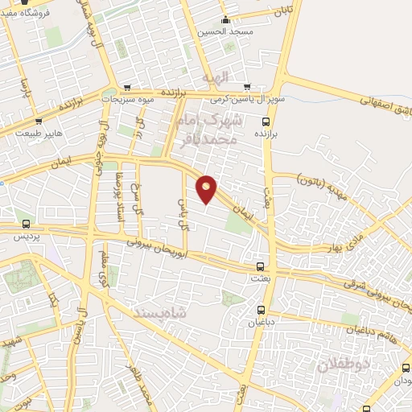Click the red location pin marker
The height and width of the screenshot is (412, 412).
tap(207, 189)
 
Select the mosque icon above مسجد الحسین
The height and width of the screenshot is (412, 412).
tap(225, 20)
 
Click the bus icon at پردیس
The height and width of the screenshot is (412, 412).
tap(27, 224)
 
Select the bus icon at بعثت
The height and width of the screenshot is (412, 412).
tap(260, 266)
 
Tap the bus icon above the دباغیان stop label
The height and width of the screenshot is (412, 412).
tap(261, 310)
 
